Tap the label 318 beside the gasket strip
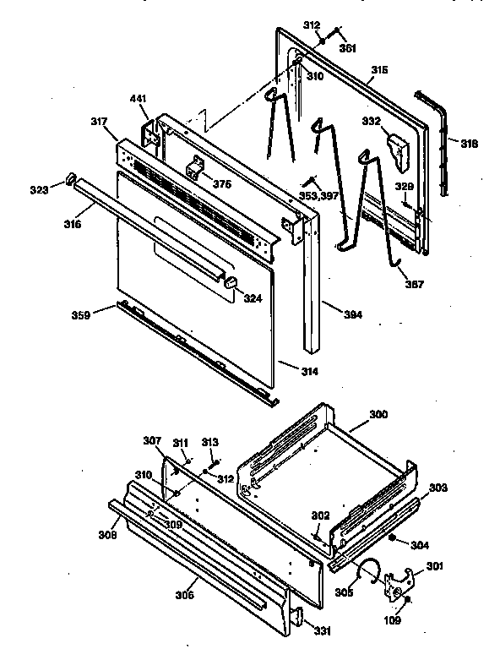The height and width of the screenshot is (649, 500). [469, 144]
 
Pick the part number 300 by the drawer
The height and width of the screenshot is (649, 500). [379, 415]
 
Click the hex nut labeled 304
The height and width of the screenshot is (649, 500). [394, 537]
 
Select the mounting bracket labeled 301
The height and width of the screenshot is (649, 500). [399, 585]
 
